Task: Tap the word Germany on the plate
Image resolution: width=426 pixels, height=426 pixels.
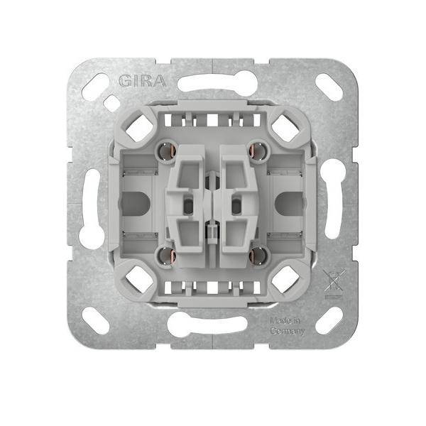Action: click(x=288, y=332)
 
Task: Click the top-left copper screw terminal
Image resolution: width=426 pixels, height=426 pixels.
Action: click(x=165, y=151)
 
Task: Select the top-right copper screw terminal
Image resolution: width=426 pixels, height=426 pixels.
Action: click(x=258, y=150)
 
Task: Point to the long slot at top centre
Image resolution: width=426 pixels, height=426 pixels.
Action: click(x=212, y=84)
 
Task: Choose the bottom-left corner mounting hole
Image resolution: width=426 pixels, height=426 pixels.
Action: click(x=97, y=319)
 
